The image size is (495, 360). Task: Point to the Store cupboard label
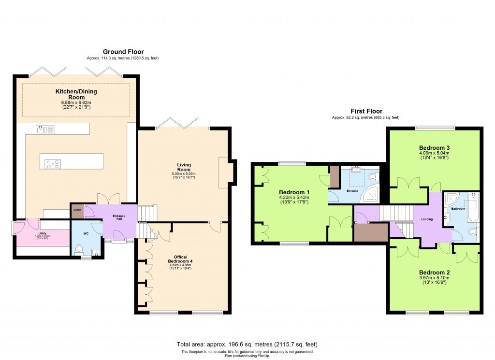pyautogui.click(x=77, y=210)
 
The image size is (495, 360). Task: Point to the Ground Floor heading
pyautogui.click(x=123, y=52)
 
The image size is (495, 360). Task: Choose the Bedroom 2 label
pyautogui.click(x=435, y=272)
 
